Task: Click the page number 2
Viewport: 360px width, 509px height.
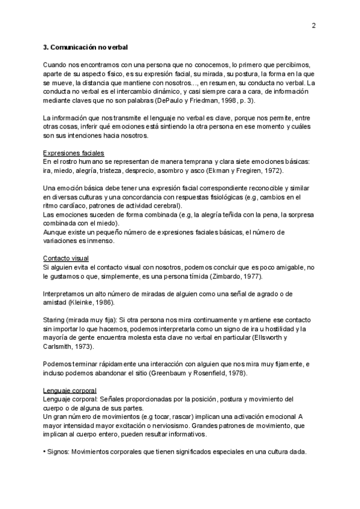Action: pos(314,26)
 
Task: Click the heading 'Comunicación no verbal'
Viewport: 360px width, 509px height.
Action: pos(89,46)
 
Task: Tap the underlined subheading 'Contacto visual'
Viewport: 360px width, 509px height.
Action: pos(66,258)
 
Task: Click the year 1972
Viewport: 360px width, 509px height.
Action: pos(272,170)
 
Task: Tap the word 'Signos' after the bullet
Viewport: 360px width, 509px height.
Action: pos(59,452)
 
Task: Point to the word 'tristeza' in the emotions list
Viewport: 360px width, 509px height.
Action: pos(113,170)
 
